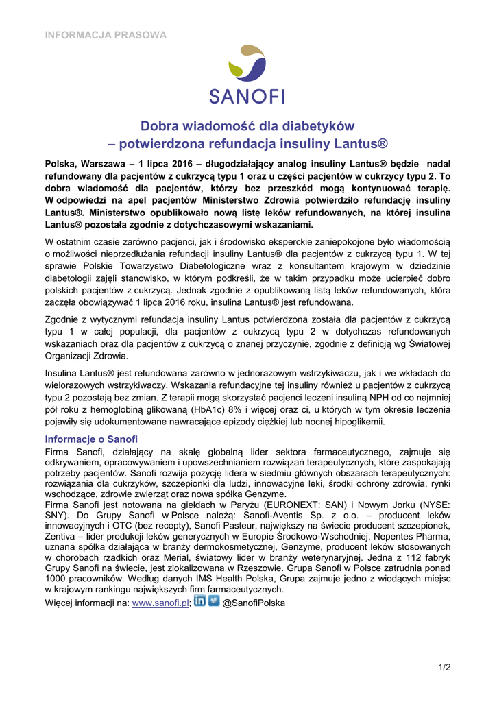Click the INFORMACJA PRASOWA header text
tap(106, 34)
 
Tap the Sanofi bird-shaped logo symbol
tap(248, 67)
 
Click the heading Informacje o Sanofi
tap(91, 439)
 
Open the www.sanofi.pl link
tap(160, 603)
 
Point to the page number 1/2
tap(445, 667)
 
